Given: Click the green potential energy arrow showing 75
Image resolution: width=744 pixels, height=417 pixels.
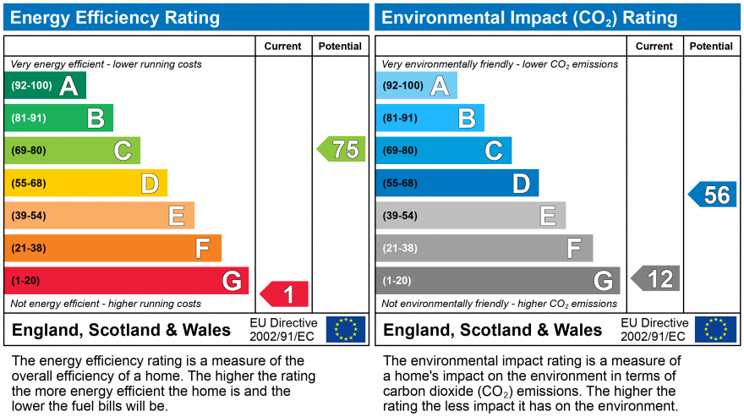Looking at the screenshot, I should (342, 150).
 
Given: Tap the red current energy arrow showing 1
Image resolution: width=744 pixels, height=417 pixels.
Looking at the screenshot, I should (285, 294).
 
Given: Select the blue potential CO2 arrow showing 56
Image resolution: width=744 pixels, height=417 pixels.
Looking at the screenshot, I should (713, 195).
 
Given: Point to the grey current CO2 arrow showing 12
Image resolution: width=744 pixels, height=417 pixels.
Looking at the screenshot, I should (656, 278).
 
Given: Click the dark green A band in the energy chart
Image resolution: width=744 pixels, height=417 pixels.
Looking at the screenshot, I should (46, 85).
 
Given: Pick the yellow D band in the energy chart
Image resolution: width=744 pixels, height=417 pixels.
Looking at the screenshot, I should (85, 183).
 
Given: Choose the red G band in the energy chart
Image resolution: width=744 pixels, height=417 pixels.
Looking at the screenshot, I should (127, 280).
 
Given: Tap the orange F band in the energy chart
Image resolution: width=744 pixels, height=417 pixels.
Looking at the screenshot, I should (112, 248).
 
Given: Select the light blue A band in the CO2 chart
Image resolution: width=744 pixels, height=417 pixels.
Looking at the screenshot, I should (416, 85).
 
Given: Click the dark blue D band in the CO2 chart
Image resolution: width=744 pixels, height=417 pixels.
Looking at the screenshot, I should (457, 183).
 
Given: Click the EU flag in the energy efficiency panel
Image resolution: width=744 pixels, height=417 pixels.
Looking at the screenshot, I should (346, 329).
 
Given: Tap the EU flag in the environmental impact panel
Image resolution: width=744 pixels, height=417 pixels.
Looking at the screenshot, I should (716, 329).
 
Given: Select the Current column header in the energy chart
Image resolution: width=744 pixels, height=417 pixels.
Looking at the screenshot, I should (283, 47).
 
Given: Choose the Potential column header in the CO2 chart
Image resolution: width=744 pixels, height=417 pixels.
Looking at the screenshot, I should (711, 47).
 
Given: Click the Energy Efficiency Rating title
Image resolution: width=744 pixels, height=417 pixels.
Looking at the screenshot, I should (115, 18).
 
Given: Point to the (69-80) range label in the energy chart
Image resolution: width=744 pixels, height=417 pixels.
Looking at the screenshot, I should (29, 151).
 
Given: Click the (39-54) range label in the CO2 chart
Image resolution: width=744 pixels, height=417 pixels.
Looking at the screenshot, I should (400, 216).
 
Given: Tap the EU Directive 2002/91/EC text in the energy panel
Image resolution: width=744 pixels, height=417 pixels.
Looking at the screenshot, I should (283, 330).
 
